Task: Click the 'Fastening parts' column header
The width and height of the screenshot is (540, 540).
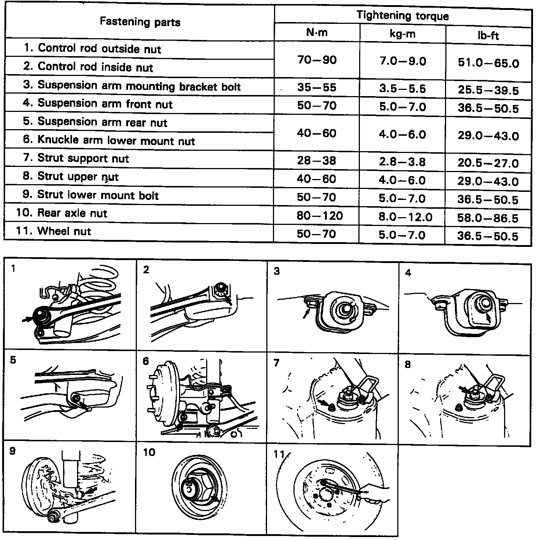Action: [140, 22]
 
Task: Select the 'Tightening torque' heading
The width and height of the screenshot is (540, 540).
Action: [402, 16]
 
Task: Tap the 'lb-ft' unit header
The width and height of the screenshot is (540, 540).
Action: [489, 36]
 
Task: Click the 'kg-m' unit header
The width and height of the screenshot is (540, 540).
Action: [402, 34]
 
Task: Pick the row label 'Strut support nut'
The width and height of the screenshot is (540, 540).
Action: [83, 158]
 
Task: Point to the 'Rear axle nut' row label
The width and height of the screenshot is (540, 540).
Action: [72, 213]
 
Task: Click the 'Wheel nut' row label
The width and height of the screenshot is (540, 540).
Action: [64, 231]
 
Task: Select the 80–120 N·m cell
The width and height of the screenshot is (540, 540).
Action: [320, 215]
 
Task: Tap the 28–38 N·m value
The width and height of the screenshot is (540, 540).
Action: [317, 160]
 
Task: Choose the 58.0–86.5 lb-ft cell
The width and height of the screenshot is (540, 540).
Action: [488, 218]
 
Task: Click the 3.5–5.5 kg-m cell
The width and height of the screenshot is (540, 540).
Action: [402, 88]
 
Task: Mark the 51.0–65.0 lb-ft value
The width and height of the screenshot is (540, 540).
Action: [488, 63]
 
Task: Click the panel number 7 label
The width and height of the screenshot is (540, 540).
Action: [276, 363]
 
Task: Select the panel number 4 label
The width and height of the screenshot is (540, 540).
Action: [408, 273]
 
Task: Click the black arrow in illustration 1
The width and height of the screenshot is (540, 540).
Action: [26, 320]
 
